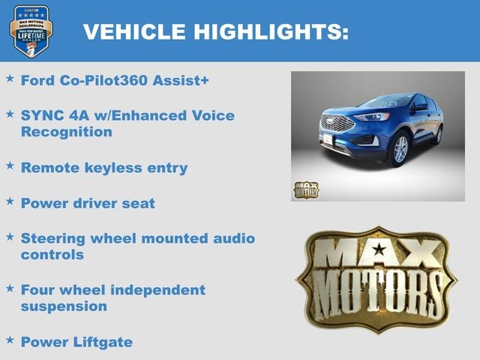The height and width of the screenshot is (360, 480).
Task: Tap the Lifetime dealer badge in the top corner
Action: coord(31,31)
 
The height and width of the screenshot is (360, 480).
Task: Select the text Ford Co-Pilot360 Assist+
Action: coord(115,80)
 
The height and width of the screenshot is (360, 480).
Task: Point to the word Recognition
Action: coord(67,132)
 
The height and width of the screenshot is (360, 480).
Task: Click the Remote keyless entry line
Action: coord(103,167)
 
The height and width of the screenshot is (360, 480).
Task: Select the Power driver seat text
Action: coord(88,203)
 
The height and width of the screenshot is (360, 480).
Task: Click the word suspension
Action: coord(64,306)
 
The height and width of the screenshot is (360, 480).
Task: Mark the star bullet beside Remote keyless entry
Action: coord(10,166)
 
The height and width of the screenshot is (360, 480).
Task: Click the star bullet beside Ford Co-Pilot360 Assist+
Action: coord(10,78)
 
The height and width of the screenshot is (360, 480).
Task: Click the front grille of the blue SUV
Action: coord(336,124)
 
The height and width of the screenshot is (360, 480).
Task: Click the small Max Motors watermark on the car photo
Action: coord(306,190)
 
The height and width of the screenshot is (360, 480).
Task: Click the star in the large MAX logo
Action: coord(378,248)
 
